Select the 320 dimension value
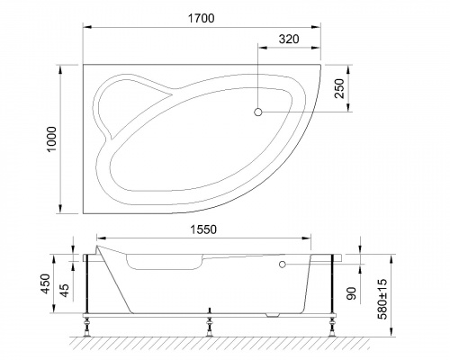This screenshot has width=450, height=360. [x=288, y=40]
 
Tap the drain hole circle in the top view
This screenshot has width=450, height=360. [x=258, y=112]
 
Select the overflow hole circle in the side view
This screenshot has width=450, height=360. [x=282, y=265]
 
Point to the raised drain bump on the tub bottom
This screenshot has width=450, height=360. [x=275, y=314]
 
